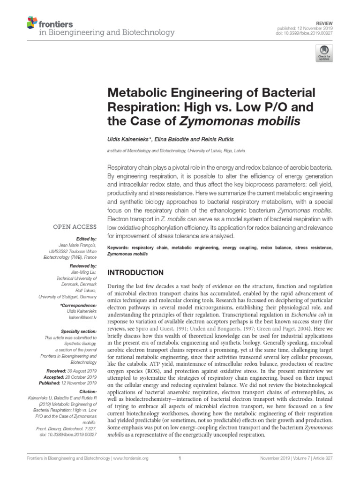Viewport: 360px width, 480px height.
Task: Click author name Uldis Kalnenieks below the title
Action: click(129, 139)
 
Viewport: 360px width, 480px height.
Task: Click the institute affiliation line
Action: click(176, 151)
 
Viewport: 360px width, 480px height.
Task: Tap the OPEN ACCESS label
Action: click(75, 227)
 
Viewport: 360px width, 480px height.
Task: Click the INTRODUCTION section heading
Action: click(136, 273)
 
